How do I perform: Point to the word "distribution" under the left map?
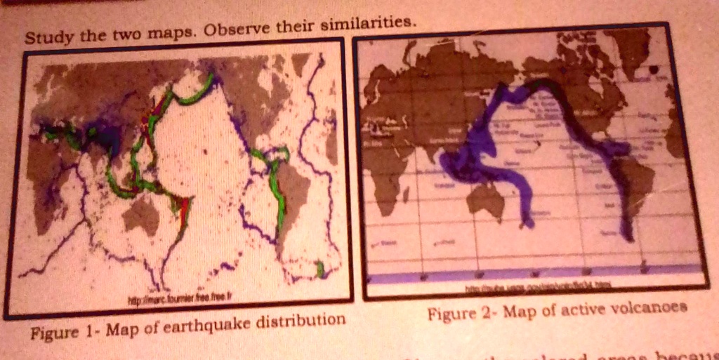point(301,320)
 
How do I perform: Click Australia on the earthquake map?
point(142,215)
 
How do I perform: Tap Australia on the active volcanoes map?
point(486,200)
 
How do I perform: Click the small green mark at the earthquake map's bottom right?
point(320,268)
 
